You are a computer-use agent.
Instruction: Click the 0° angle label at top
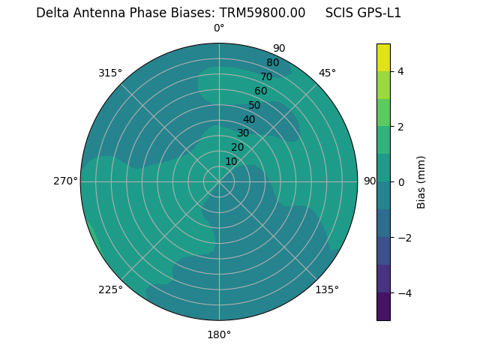(x=219, y=28)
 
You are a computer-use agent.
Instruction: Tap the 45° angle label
(x=328, y=73)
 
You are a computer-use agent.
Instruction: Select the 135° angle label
(x=327, y=289)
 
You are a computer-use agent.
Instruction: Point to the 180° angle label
(x=219, y=334)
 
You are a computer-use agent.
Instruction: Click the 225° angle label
(x=110, y=289)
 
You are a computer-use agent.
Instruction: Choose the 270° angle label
(x=65, y=181)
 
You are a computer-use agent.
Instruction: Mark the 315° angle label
(x=110, y=73)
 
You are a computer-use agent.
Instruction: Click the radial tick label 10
(x=231, y=161)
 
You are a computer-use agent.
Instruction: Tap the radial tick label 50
(x=255, y=105)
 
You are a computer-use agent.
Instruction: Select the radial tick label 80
(x=272, y=63)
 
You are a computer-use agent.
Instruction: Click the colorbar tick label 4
(x=400, y=71)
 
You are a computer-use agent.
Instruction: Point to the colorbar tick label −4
(x=403, y=293)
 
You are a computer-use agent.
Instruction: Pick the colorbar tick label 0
(x=400, y=182)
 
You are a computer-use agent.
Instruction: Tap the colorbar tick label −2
(x=403, y=238)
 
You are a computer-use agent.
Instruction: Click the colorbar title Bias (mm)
(x=421, y=181)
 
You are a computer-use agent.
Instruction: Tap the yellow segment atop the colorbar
(x=383, y=57)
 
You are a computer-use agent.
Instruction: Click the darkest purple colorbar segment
(x=383, y=307)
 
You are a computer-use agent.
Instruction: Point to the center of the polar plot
(x=219, y=181)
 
